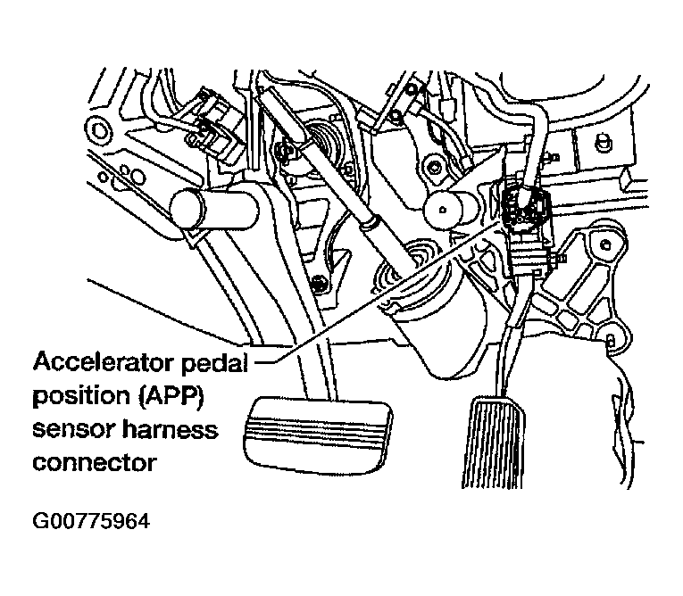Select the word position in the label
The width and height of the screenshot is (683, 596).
71,396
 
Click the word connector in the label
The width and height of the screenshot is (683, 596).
94,462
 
